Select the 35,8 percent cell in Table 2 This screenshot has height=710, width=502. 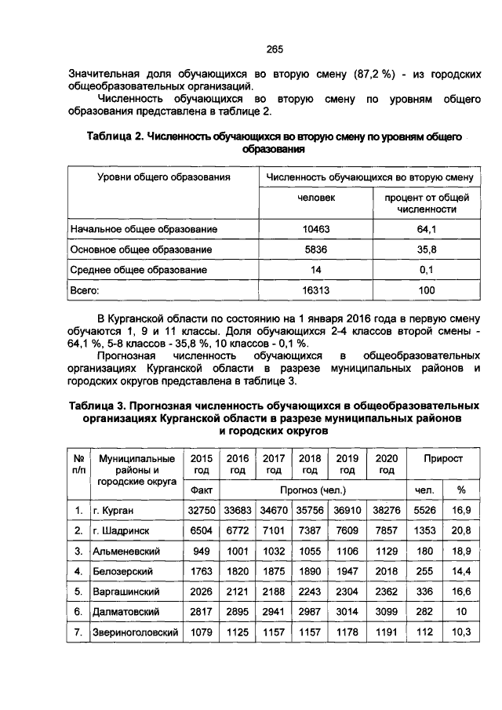(x=427, y=249)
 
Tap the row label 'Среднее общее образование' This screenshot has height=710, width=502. (x=139, y=269)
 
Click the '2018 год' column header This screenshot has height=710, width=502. (x=310, y=463)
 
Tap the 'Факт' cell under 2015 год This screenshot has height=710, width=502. (x=202, y=490)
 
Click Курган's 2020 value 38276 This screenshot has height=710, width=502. (x=386, y=510)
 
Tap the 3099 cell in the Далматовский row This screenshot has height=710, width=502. (x=386, y=612)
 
